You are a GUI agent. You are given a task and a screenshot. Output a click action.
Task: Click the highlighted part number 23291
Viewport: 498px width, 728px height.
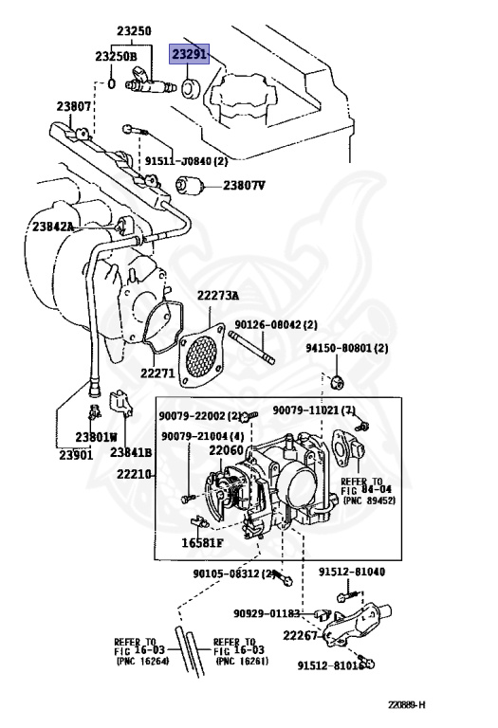188,55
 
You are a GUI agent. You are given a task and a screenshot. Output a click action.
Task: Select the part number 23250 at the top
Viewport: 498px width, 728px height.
134,31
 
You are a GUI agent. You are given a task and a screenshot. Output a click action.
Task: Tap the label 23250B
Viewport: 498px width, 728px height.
116,57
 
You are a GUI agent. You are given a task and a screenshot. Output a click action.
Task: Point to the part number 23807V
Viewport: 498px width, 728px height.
244,185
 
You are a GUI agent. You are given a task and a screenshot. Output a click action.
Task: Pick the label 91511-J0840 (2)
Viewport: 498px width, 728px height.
185,162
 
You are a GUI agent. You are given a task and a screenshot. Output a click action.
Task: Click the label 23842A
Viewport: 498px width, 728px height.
53,227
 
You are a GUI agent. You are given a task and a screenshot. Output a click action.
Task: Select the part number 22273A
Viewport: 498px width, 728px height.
218,296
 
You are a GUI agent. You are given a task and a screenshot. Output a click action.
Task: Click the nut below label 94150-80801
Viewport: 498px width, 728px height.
341,382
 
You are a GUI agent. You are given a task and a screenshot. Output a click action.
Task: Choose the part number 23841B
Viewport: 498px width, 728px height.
132,452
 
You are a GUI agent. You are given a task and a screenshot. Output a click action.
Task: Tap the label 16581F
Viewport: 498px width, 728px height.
202,543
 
